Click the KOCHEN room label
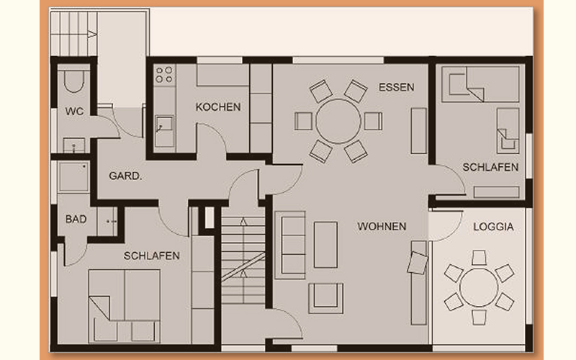pos(218,107)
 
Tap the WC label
pos(74,112)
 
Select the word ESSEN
pos(397,87)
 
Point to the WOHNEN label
pos(382,226)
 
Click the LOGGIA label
pos(493,227)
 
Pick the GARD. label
pos(125,176)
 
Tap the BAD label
pos(76,220)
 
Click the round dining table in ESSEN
pos(338,121)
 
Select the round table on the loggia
pos(479,287)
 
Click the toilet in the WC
pos(74,80)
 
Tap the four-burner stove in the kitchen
pos(164,74)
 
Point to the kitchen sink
pos(164,124)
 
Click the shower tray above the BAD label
pos(73,177)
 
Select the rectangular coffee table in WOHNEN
pos(325,245)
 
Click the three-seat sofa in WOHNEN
pos(290,245)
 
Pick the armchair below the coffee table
pos(326,298)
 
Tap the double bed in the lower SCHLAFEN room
pos(124,307)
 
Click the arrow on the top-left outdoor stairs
pos(93,34)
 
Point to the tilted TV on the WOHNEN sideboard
pos(418,263)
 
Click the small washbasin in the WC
pos(74,145)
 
